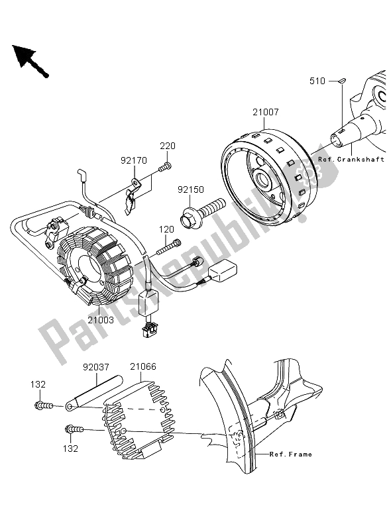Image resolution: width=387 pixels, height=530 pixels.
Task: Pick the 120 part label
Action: point(165,229)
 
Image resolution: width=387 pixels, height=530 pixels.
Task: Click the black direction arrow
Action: point(28,59)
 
